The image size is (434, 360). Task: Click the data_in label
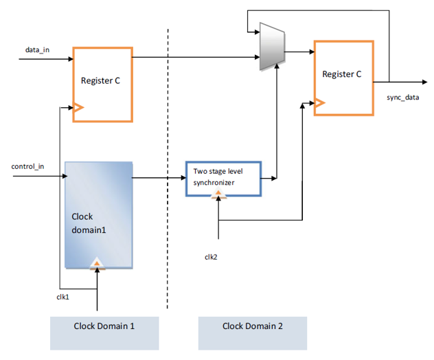tap(37, 50)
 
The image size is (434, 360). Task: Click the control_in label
tap(29, 167)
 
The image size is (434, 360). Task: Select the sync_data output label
tap(402, 97)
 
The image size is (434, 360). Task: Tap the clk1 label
tap(63, 297)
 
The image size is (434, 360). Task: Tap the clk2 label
tap(211, 256)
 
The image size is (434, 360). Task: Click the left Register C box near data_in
tap(102, 84)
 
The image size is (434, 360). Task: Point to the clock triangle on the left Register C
tap(78, 107)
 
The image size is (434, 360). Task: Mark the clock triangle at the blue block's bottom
tap(98, 263)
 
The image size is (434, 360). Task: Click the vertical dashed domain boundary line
tap(168, 172)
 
